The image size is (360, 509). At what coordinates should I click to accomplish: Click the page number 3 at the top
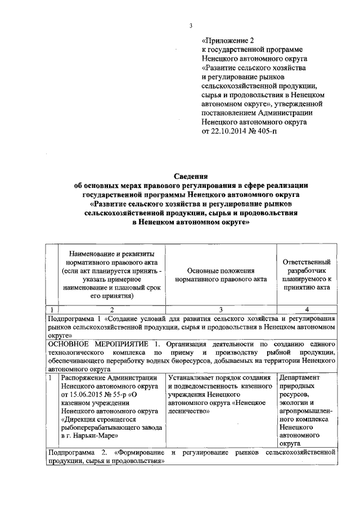(x=191, y=24)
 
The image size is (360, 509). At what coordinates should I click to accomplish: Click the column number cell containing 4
(x=307, y=309)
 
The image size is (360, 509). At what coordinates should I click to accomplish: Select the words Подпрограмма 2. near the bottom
(x=78, y=452)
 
